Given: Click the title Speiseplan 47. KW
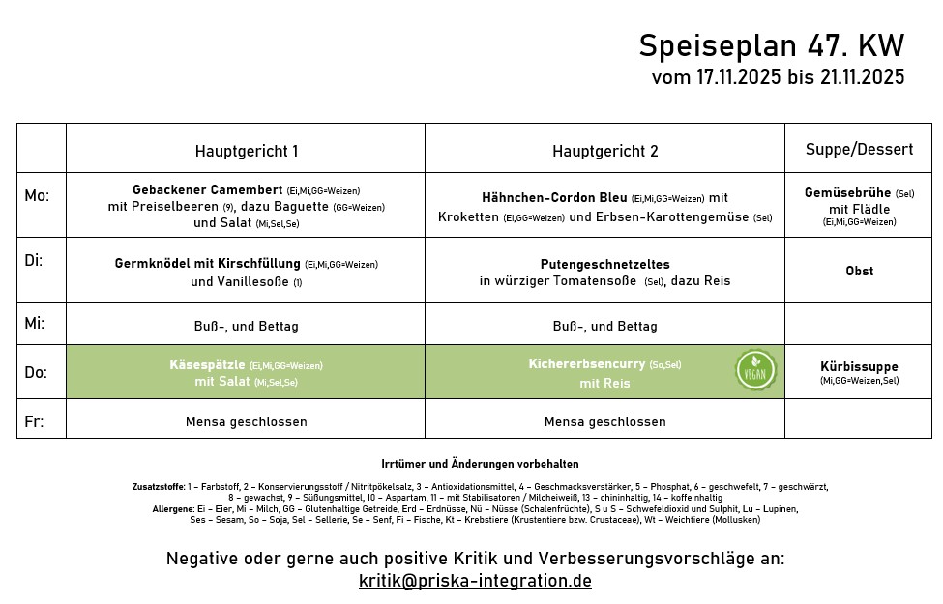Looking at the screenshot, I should point(771,46).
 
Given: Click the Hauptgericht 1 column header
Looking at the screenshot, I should point(246,151).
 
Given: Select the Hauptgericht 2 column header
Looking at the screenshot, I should point(604,151).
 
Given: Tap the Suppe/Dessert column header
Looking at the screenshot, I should point(859,149).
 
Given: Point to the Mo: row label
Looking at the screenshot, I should point(37,196).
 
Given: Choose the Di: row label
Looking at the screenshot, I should point(34,261).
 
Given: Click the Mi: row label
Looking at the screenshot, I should point(35,324).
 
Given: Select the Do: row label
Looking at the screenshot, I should point(36,372).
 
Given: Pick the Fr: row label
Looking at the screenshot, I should point(33,421).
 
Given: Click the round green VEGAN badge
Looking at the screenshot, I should point(755,370).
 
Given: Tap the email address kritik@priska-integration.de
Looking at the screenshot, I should point(475,581).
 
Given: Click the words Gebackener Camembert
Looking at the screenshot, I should point(207,190).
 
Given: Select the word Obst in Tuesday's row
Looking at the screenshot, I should point(859,272).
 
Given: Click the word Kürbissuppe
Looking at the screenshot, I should point(859,367).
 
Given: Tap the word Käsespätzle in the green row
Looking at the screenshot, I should point(207,365).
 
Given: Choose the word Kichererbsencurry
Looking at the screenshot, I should point(586,364).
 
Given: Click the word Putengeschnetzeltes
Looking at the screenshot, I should point(604,264).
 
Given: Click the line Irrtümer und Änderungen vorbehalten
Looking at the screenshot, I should point(480,465).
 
